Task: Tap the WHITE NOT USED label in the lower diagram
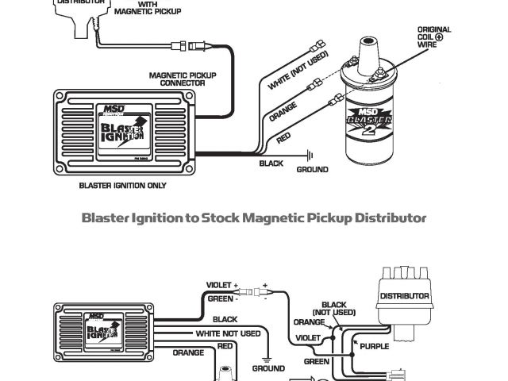pos(228,334)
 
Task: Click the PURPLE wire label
pos(374,346)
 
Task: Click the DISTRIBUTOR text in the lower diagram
pos(405,296)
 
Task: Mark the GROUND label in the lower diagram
pos(268,368)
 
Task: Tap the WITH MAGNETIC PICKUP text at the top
pos(148,8)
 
